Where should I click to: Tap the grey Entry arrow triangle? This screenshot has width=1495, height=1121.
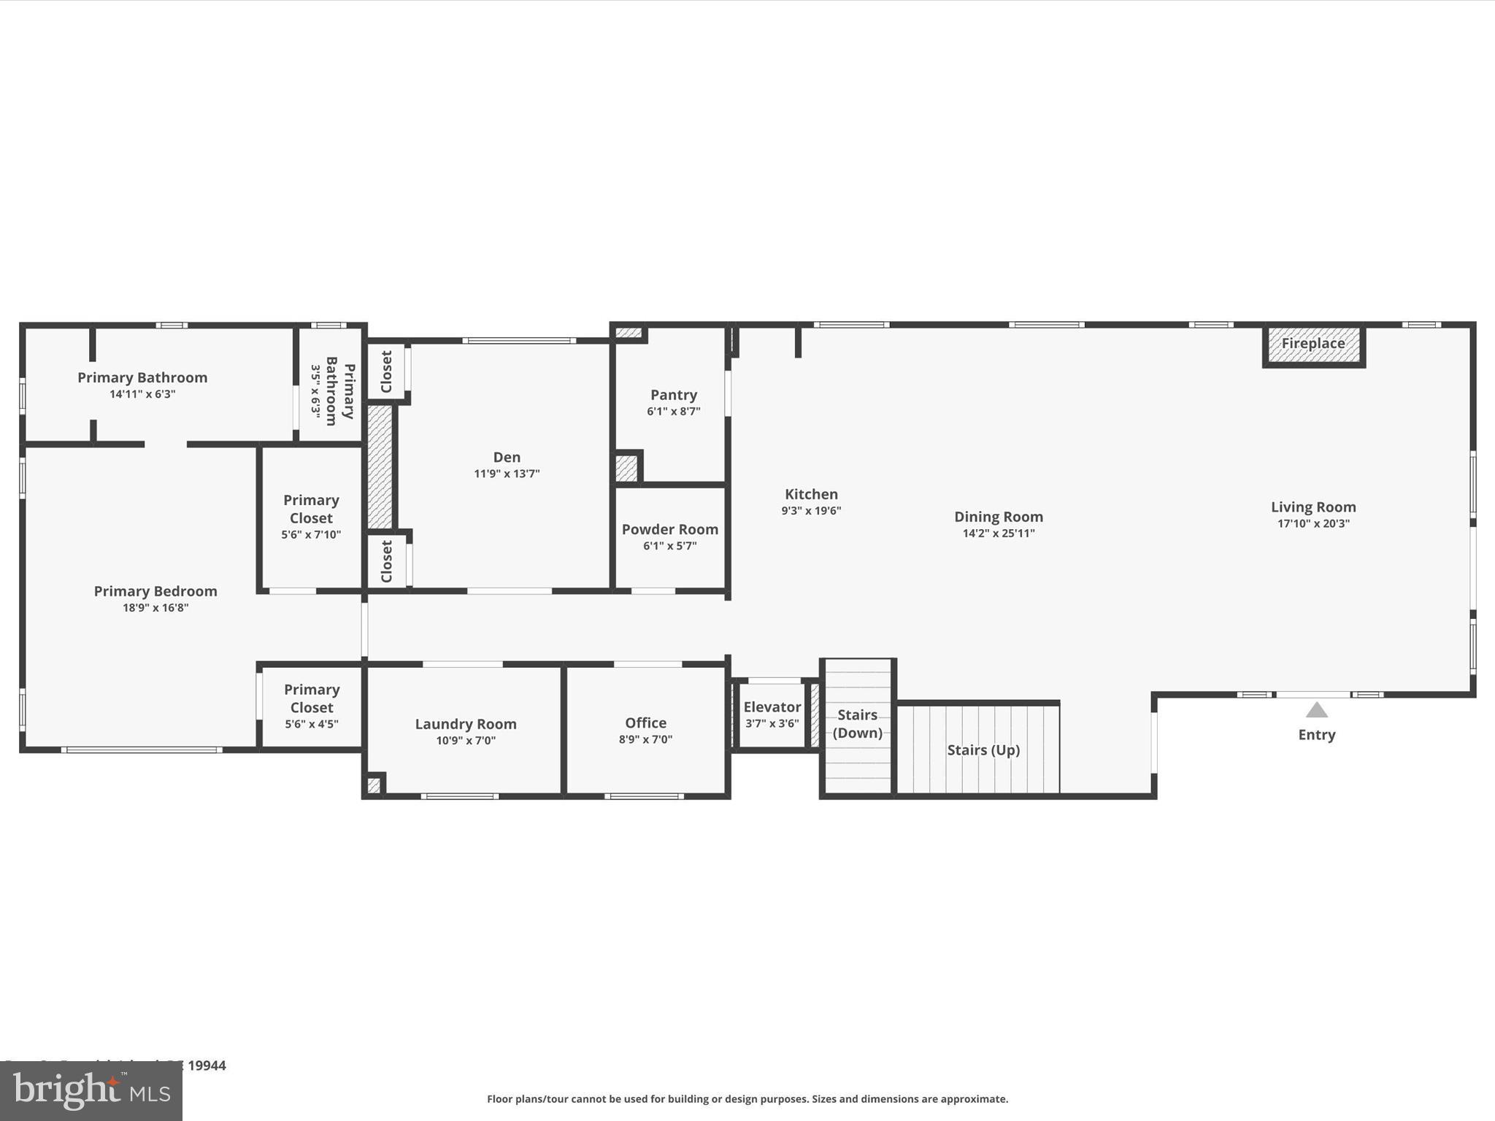coord(1316,710)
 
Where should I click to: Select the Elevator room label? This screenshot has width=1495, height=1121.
coord(772,706)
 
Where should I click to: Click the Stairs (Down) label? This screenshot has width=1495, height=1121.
coord(857,723)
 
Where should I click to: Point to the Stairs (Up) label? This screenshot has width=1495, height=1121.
coord(983,750)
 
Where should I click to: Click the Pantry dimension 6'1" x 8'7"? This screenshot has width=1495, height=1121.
coord(673,412)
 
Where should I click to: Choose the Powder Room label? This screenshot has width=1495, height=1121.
coord(669,529)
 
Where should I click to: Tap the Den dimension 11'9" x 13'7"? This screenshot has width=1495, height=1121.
coord(507,474)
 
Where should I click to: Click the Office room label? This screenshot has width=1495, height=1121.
coord(645,723)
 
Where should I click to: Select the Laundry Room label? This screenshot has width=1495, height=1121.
coord(466,724)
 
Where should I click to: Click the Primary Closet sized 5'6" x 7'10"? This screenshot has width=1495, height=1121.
coord(312,517)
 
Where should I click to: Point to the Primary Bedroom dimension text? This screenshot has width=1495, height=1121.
coord(155,608)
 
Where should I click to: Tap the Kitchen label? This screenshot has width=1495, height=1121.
coord(811,494)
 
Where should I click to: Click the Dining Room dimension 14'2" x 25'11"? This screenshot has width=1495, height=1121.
coord(999,533)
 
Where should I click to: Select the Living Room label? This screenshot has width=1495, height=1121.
coord(1313,506)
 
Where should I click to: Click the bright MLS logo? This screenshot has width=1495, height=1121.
coord(91,1091)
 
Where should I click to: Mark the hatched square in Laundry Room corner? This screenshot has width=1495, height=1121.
coord(373,786)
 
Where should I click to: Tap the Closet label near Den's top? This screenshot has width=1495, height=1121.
coord(387,371)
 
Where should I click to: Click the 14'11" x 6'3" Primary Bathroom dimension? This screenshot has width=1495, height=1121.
coord(142,395)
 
